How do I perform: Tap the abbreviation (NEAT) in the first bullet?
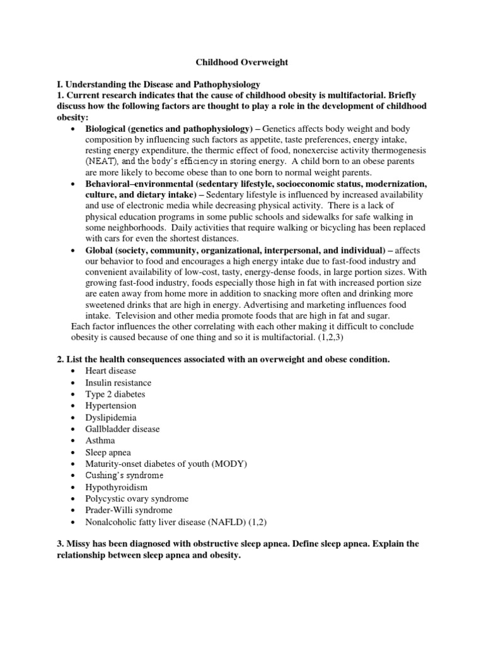101,161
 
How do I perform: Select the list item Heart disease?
110,371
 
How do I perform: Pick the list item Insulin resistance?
118,383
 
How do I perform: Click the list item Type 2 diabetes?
115,394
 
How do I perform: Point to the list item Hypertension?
111,406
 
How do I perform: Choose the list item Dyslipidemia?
111,418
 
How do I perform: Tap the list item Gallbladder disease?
123,429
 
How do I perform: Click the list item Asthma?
100,440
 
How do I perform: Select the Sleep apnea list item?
108,452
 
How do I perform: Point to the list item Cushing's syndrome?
124,475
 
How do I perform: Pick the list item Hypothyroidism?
117,487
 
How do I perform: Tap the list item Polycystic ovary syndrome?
137,498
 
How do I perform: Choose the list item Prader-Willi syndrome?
129,510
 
